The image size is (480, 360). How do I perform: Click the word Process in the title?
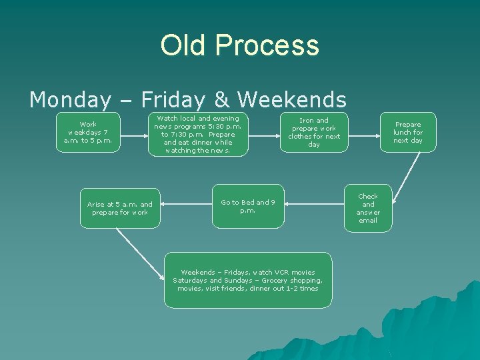click(267, 45)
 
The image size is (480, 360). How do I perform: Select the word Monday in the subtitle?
click(70, 100)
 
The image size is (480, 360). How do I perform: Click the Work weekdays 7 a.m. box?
click(88, 132)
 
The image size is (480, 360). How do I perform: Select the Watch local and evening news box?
click(198, 135)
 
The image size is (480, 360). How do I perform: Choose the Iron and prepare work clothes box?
click(314, 132)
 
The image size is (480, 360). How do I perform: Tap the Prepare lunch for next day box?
click(408, 132)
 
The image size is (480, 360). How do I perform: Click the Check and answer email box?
click(368, 208)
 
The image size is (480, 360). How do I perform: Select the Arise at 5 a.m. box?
click(120, 208)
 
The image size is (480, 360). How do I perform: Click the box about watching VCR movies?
click(248, 280)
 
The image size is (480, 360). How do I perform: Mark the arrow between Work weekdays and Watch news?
click(133, 132)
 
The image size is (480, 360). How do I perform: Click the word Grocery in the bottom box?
click(271, 281)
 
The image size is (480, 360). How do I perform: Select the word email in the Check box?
click(368, 221)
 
